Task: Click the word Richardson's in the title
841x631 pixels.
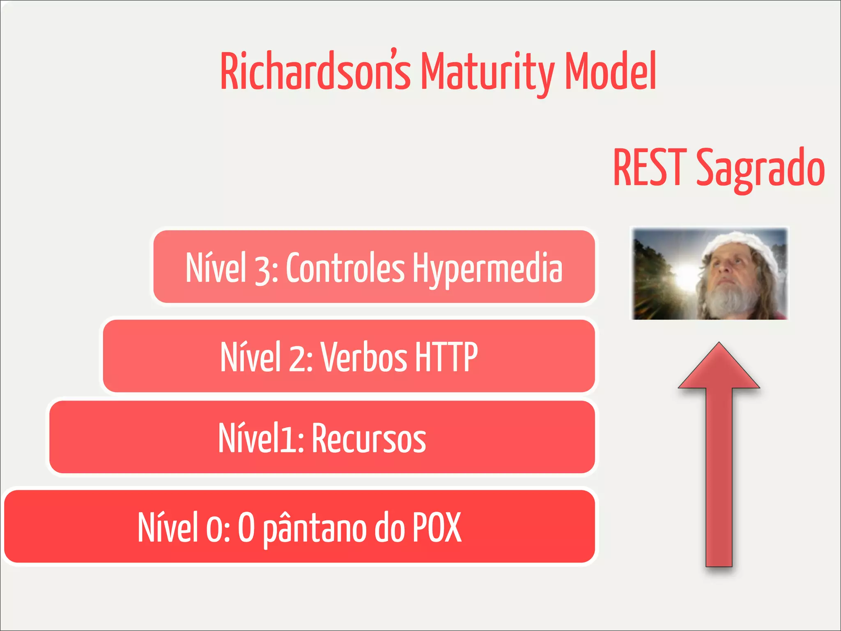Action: point(315,72)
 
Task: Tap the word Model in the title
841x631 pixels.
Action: point(610,72)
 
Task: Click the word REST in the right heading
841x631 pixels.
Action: point(650,168)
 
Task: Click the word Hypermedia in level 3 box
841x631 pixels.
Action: point(487,268)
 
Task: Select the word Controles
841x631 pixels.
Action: point(345,268)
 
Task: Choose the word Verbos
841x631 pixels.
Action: point(364,357)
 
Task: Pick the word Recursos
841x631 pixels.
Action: point(369,439)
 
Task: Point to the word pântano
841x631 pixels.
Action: point(314,530)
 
